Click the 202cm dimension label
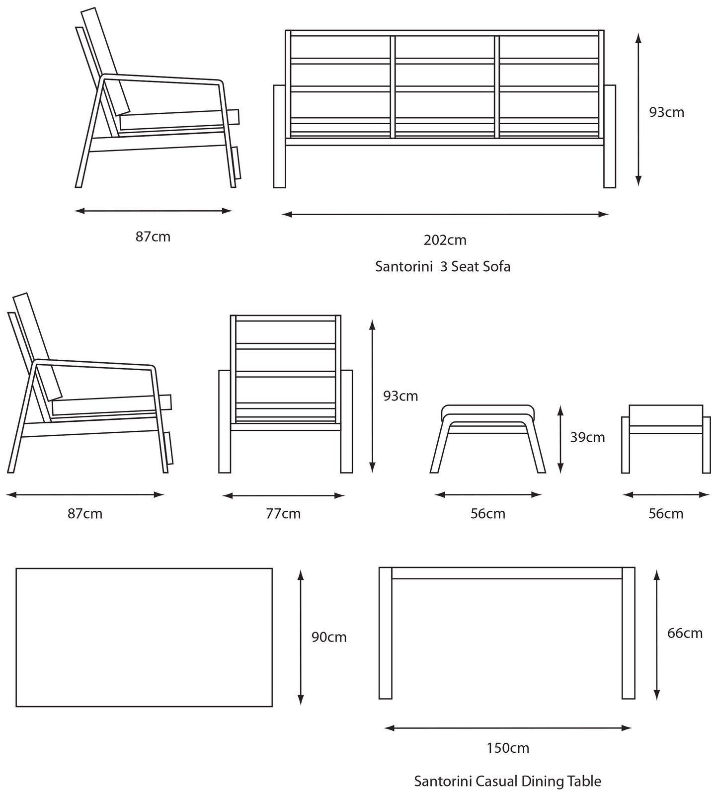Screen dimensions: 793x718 point(445,240)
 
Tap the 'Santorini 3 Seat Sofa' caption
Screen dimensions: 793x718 point(442,267)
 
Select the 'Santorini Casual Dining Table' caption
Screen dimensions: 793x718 point(507,781)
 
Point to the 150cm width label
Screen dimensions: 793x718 point(507,748)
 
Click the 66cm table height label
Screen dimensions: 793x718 point(684,633)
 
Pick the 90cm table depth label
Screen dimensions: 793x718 point(328,637)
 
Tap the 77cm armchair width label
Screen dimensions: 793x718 point(283,513)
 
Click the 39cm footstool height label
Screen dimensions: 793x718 point(587,438)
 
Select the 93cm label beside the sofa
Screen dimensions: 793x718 point(666,112)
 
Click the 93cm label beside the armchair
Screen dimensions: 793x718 point(400,396)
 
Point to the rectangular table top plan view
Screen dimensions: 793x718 point(144,637)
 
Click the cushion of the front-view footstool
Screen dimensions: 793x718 point(666,415)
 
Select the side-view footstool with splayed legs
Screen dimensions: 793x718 point(487,437)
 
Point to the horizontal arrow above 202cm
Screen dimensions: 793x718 point(445,215)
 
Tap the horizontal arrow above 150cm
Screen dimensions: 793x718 point(507,728)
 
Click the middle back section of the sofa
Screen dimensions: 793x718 point(445,87)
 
